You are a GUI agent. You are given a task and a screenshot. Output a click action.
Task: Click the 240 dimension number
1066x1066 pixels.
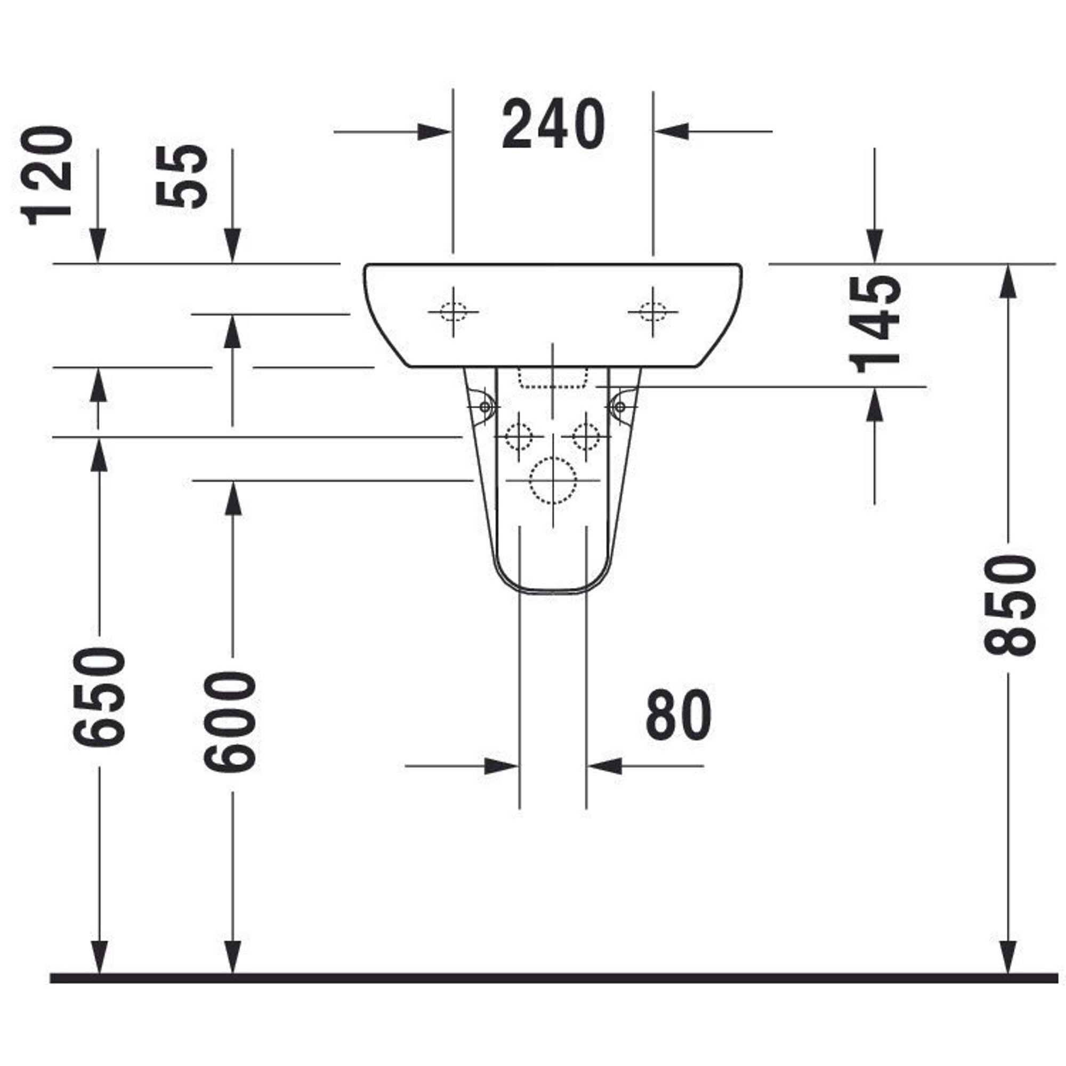click(x=553, y=125)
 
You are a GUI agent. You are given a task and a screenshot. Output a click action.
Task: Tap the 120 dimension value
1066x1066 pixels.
click(x=47, y=175)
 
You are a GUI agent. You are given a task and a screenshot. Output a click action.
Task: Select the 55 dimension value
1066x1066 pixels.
click(x=182, y=175)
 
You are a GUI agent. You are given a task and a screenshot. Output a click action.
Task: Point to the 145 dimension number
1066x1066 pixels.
click(x=874, y=324)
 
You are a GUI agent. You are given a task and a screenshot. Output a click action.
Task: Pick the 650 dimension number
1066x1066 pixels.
click(x=100, y=697)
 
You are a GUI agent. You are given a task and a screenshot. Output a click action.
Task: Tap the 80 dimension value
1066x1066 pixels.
click(x=678, y=715)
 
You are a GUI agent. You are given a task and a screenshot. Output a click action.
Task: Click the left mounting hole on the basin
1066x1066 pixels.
click(x=453, y=312)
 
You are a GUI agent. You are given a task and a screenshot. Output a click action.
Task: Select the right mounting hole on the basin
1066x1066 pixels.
click(x=653, y=312)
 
